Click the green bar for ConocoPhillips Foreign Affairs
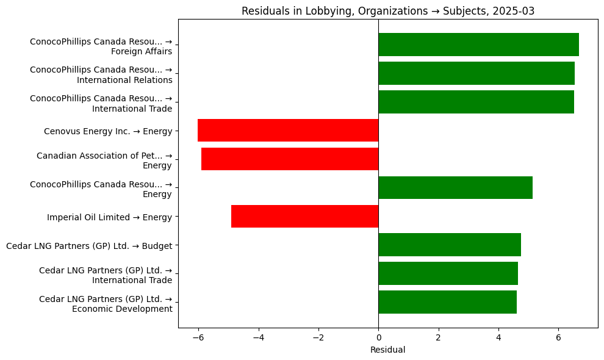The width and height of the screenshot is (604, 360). coord(478,45)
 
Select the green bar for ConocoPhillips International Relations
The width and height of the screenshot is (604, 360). coord(476,73)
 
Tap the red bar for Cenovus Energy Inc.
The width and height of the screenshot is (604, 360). coord(288,131)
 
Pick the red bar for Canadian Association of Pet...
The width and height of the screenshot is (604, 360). coord(290,159)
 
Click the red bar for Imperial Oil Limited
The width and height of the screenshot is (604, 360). coord(304,217)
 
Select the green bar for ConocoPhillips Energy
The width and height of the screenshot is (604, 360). coord(455,188)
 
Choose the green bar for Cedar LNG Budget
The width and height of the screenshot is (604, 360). coord(450,245)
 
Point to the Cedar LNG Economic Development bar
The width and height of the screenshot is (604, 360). coord(447,302)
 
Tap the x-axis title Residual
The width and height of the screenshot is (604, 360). coord(387,350)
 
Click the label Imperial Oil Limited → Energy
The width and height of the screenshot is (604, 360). coord(109,217)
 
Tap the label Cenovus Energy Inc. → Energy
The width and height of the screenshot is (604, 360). coord(108,131)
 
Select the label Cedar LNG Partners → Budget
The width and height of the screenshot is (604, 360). coord(88,246)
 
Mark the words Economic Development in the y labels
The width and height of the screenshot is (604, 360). coord(122,309)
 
